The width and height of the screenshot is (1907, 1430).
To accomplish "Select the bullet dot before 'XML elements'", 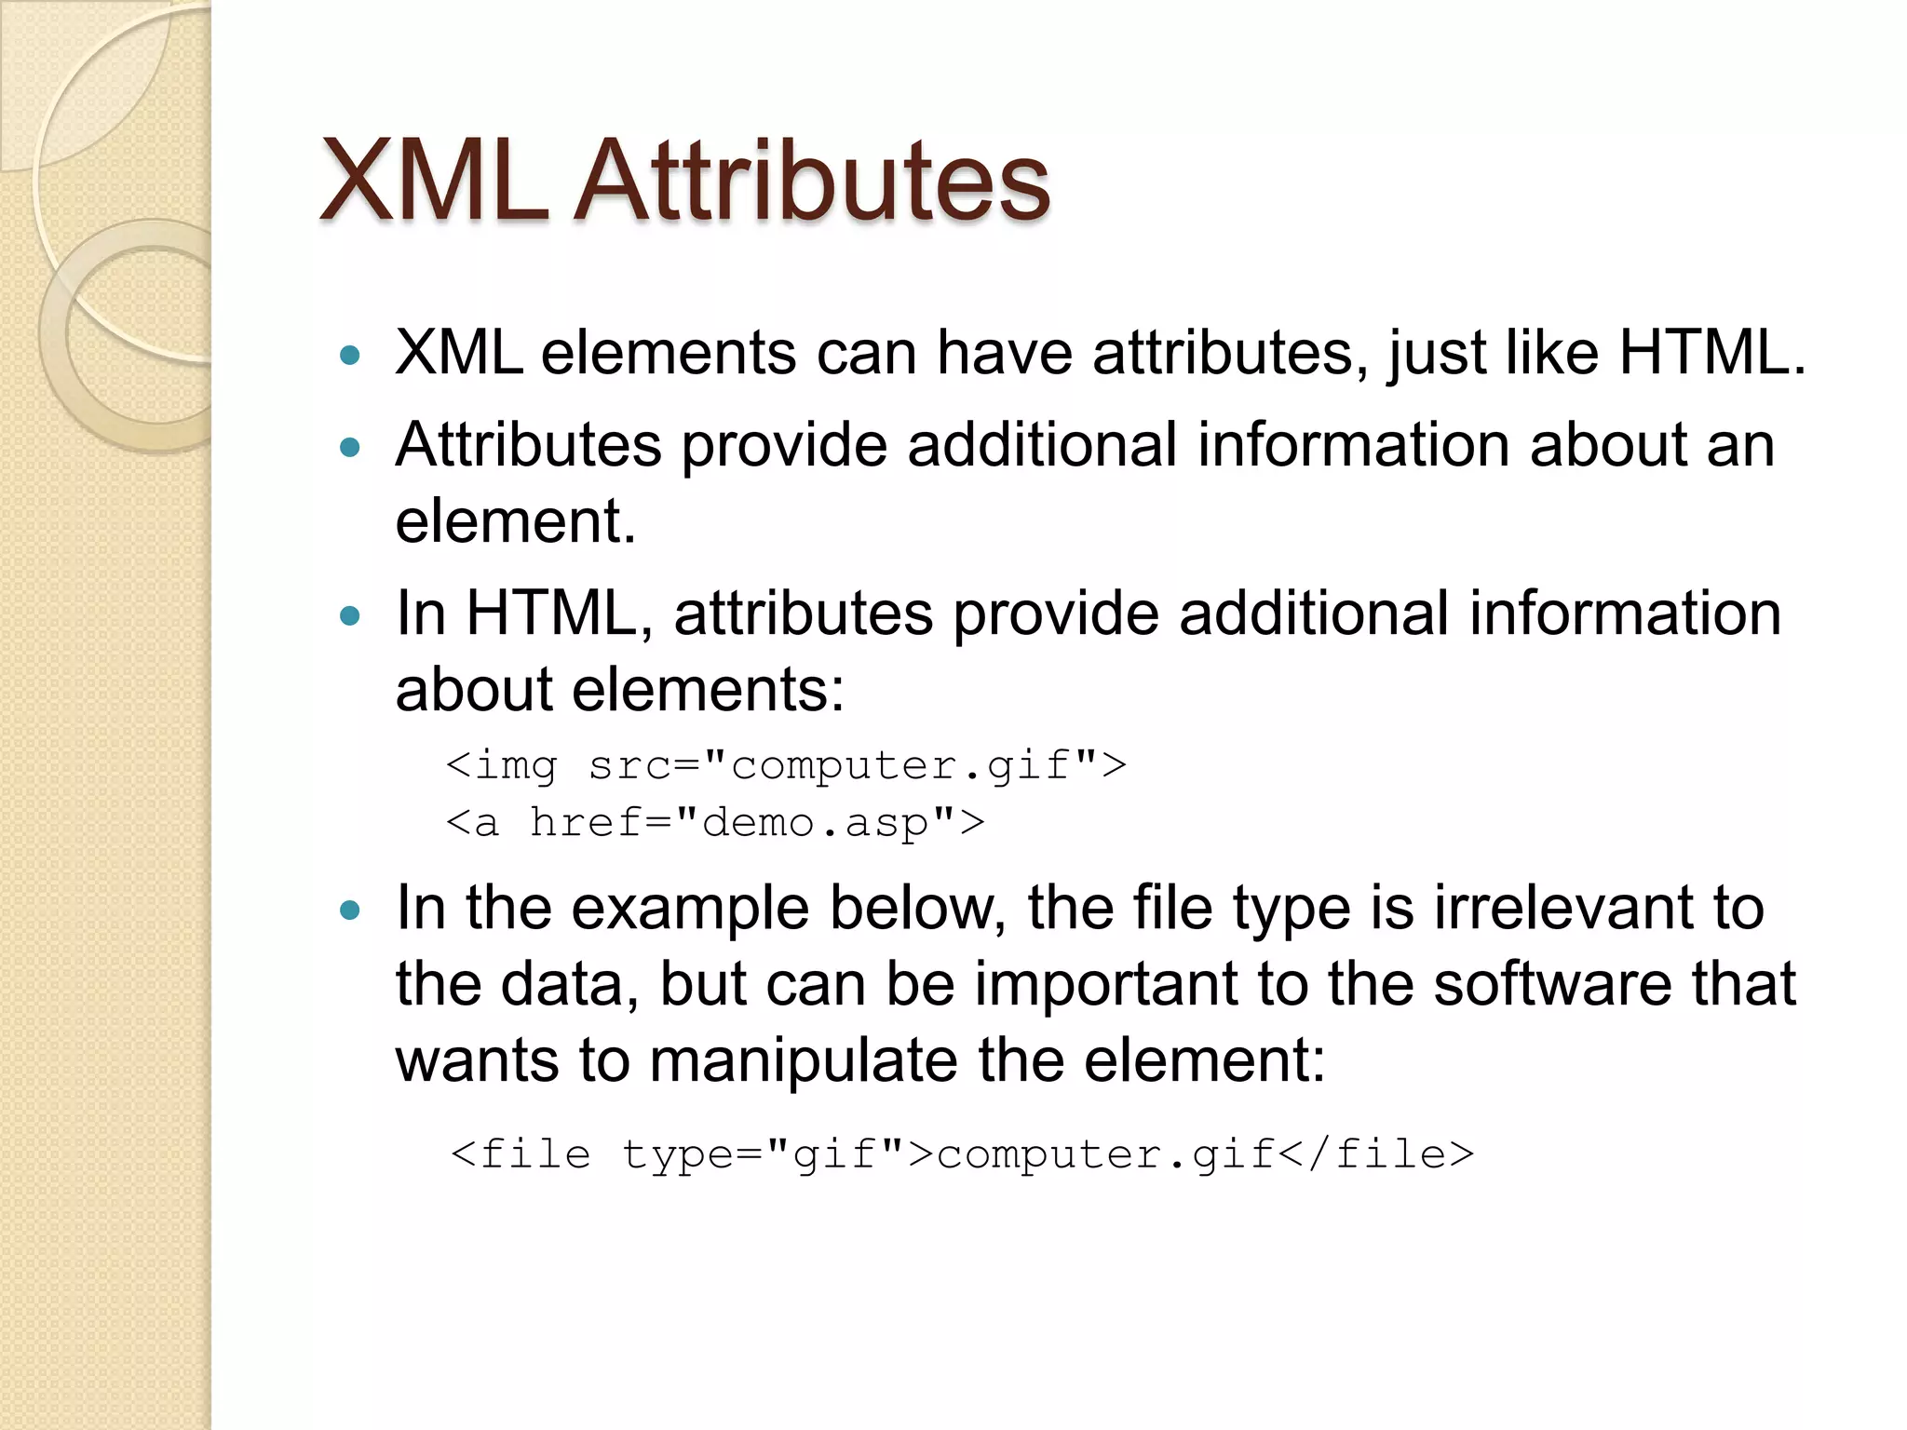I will pyautogui.click(x=350, y=355).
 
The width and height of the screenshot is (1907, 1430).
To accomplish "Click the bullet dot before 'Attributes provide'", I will pyautogui.click(x=350, y=448).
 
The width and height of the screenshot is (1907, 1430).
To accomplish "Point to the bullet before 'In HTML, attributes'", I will pyautogui.click(x=350, y=615).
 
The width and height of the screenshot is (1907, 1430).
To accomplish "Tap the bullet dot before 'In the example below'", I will pyautogui.click(x=350, y=910).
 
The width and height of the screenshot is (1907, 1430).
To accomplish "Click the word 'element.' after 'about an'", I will pyautogui.click(x=515, y=521).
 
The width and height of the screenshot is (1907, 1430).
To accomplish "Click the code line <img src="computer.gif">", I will pyautogui.click(x=786, y=766).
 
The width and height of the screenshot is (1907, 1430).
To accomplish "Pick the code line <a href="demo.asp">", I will pyautogui.click(x=714, y=823).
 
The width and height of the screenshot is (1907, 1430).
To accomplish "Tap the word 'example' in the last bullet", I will pyautogui.click(x=689, y=910).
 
